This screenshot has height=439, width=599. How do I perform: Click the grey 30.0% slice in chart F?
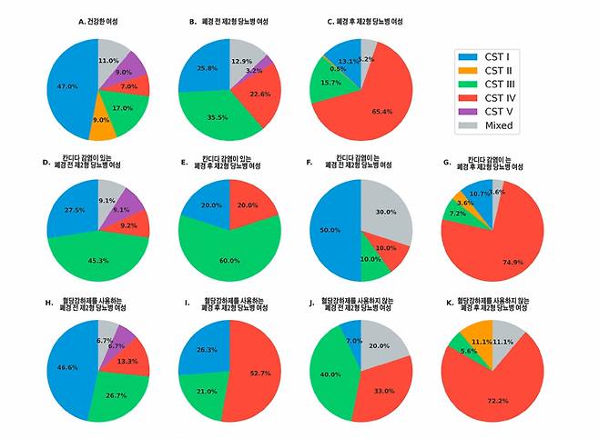(386, 211)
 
